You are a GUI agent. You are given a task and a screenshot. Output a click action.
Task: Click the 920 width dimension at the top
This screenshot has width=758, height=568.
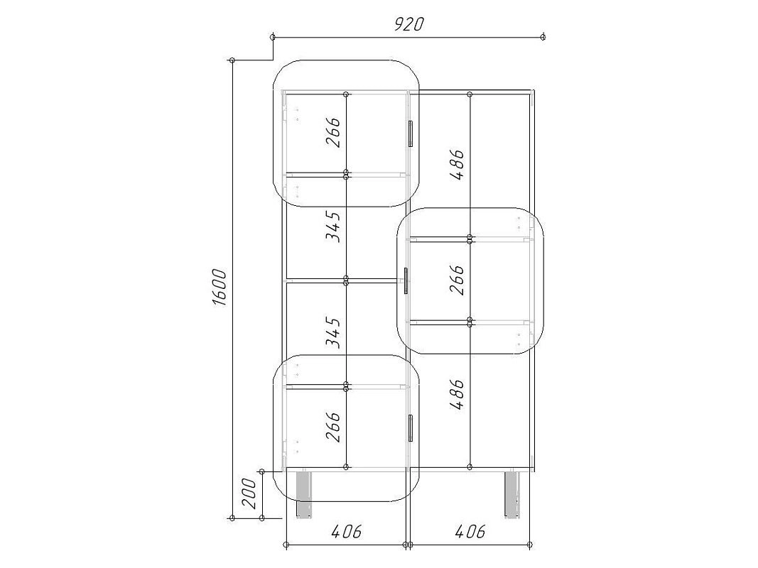pos(408,24)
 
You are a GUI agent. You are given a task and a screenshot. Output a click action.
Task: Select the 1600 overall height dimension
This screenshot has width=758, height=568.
pos(220,288)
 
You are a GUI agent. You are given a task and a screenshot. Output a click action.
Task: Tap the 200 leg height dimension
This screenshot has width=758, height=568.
pos(249,493)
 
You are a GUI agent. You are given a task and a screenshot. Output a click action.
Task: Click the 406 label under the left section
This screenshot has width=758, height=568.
pos(347,531)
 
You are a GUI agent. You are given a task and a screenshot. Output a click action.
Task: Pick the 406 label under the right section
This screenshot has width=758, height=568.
pos(470,531)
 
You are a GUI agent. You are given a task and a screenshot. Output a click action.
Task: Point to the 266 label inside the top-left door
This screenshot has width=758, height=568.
pos(333,132)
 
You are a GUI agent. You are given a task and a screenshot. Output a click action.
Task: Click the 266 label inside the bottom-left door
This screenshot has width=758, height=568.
pos(333,427)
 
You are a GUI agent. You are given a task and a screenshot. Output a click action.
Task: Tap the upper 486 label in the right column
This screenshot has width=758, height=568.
pos(456,164)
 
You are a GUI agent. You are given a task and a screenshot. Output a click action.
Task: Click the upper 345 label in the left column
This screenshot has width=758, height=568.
pos(333,226)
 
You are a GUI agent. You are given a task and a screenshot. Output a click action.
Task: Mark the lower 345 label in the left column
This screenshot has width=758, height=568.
pos(333,332)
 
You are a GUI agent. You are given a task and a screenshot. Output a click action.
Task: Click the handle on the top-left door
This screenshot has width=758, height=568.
pos(411,133)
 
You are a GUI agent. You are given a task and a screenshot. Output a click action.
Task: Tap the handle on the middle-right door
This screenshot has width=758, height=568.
pos(406,280)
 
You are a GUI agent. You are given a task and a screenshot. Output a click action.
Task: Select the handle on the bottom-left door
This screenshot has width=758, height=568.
pos(411,428)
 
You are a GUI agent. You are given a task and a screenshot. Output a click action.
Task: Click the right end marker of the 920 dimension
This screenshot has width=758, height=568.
pos(543,37)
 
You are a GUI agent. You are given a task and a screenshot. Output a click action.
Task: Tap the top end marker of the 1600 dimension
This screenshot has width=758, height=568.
pos(232,60)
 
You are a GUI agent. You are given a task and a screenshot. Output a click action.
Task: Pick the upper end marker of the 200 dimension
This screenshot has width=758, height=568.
pos(261,471)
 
